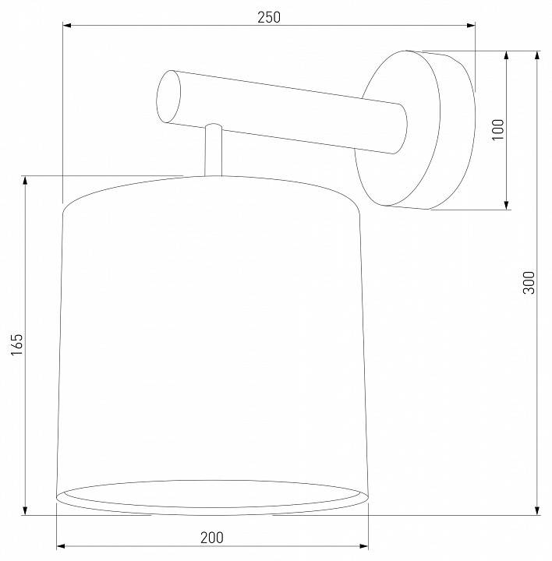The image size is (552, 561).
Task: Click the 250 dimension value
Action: click(269, 16)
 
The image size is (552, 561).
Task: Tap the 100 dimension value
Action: click(498, 129)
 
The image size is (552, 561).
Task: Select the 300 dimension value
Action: click(529, 282)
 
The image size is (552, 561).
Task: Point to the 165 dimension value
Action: click(17, 344)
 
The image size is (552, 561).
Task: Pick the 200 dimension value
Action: click(211, 537)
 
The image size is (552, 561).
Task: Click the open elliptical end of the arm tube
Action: click(168, 97)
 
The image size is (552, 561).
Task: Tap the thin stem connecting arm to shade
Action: click(213, 152)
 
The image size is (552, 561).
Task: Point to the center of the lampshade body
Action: click(211, 343)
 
